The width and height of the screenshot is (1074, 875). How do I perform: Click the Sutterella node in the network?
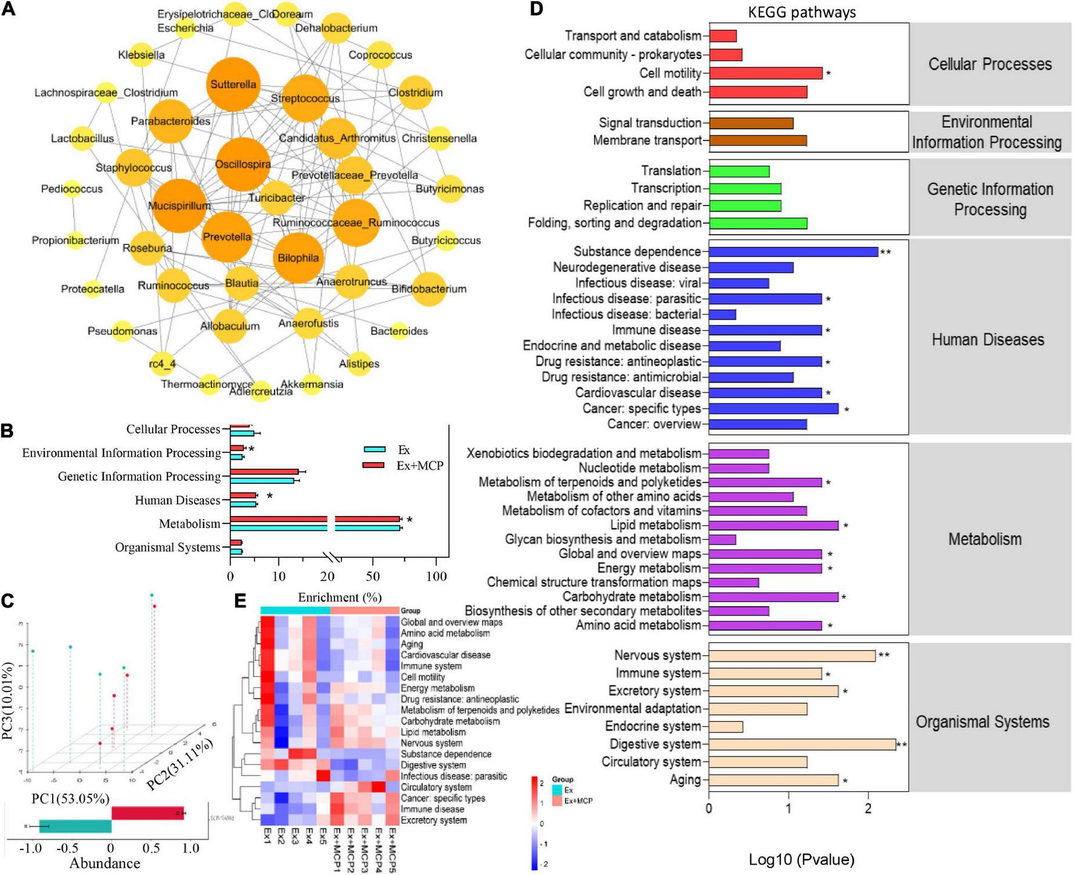pos(233,84)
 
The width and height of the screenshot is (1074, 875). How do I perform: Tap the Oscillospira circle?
pos(242,164)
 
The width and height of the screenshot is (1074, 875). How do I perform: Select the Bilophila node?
pos(298,258)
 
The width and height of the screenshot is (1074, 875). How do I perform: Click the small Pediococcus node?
pos(72,189)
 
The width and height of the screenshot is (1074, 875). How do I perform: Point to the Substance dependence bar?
pos(793,252)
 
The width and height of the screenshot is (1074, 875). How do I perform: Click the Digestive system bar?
pos(802,744)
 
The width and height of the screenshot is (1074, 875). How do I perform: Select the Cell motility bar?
pos(765,73)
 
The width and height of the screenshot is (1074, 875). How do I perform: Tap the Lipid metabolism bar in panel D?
pos(773,525)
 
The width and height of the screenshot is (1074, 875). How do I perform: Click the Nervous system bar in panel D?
pos(792,655)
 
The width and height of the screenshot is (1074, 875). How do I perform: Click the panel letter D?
pos(537,10)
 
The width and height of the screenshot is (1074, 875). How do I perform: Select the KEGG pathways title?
pos(802,12)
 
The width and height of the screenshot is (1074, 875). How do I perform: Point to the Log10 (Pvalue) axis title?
pos(801,859)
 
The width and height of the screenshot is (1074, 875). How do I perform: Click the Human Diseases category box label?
pos(988,340)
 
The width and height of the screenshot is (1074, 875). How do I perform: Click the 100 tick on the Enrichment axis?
pos(436,576)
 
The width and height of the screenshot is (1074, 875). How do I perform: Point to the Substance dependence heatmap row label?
pos(446,754)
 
